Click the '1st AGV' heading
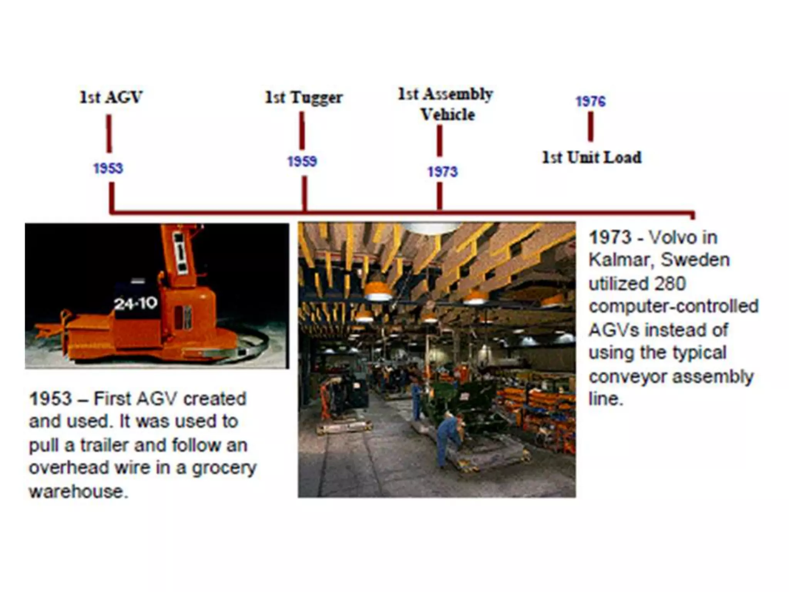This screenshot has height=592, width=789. coord(111,97)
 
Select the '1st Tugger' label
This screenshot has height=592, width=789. coord(304,98)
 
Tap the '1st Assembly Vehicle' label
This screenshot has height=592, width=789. coord(446,104)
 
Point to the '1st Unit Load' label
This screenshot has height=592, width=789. coord(592,157)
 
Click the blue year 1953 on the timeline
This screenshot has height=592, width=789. coord(108,168)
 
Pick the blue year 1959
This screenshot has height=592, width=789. coord(302,161)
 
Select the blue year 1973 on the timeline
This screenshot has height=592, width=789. coord(442,172)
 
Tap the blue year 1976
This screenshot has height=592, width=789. coord(591,101)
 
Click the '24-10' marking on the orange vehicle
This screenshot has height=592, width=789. coord(136,304)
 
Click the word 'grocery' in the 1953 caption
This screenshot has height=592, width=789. coord(224,468)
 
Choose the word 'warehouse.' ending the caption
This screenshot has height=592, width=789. coord(78,492)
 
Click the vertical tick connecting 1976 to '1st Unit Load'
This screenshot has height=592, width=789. coord(591,127)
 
